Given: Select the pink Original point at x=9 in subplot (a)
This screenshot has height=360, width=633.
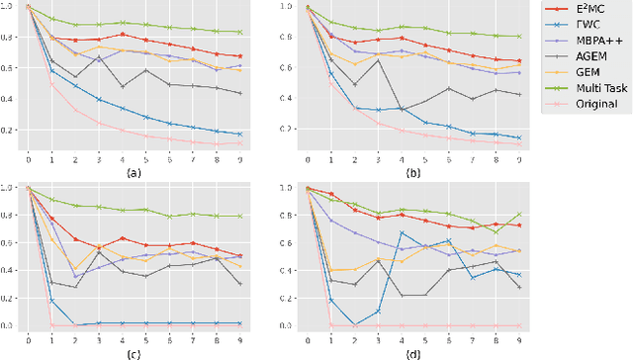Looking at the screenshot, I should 240,143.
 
